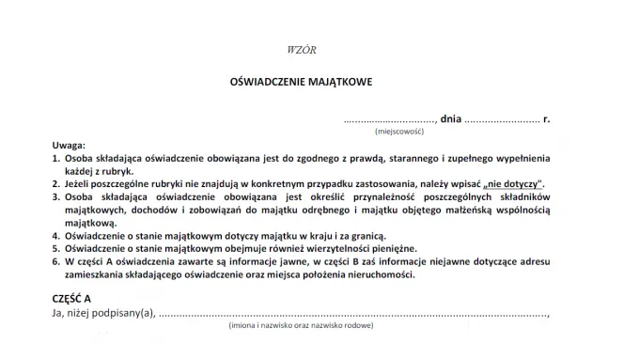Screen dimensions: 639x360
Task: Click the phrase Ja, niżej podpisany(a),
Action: (x=104, y=313)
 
